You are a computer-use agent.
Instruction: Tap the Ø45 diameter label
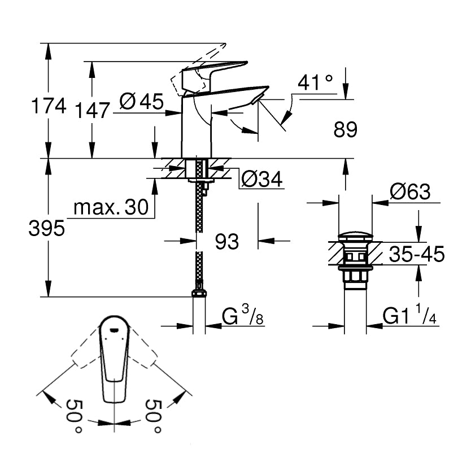141,102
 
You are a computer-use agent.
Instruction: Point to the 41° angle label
315,83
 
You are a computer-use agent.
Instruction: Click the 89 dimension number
346,130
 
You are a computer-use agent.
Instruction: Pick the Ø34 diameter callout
261,179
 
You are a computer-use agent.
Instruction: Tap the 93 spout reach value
227,242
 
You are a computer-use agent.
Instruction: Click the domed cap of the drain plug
355,237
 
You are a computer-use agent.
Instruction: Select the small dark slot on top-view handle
115,327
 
